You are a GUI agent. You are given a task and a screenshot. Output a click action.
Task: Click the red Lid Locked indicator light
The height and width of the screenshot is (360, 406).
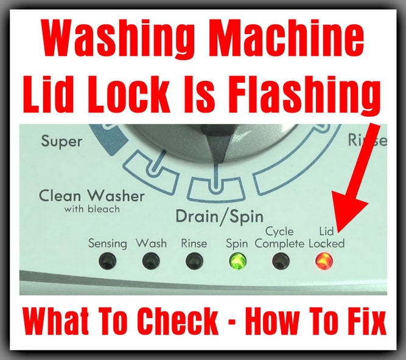(x=324, y=261)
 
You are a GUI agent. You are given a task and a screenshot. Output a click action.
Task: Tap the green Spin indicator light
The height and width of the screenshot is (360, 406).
(x=238, y=261)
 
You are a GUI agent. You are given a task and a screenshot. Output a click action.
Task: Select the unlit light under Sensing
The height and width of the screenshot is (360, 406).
(x=107, y=261)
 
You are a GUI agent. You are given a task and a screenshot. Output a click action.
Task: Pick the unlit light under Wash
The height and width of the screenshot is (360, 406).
(x=151, y=261)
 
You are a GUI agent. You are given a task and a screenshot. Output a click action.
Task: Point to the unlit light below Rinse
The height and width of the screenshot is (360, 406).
(x=194, y=261)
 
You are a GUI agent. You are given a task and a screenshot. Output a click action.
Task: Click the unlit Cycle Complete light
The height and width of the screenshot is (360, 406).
(x=281, y=261)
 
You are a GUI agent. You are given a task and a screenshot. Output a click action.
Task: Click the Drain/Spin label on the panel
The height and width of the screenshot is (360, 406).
(x=220, y=216)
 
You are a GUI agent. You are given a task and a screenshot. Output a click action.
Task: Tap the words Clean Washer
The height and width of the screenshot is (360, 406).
(x=92, y=196)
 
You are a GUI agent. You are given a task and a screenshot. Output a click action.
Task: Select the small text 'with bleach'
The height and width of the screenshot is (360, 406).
(x=92, y=209)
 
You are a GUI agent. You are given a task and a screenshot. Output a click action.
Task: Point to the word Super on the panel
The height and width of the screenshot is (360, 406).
(x=61, y=142)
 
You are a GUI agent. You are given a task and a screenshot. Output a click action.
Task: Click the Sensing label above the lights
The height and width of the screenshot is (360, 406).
(x=108, y=244)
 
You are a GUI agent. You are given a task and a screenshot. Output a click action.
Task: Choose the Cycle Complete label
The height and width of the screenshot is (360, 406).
(x=279, y=238)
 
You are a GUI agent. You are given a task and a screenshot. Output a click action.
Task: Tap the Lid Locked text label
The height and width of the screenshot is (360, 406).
(x=326, y=238)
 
